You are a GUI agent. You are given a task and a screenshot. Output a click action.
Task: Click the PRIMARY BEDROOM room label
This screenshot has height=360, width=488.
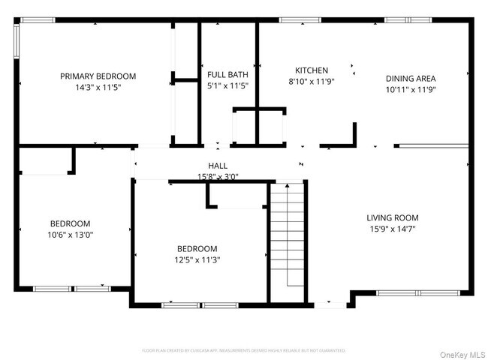click(98, 76)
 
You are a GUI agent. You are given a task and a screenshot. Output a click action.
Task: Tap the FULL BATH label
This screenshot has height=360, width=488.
click(227, 74)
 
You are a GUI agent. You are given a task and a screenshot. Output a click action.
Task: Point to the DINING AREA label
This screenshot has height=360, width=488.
click(411, 78)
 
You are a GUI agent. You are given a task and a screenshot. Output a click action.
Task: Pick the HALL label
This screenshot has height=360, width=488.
click(218, 166)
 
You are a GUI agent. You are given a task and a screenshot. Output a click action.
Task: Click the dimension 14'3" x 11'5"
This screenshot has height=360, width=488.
click(98, 87)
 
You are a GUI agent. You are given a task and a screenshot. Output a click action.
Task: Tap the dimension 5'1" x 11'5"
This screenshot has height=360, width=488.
click(227, 85)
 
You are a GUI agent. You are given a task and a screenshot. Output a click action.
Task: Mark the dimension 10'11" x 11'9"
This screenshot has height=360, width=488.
click(411, 89)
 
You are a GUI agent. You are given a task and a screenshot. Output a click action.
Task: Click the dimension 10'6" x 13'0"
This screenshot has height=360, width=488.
click(70, 235)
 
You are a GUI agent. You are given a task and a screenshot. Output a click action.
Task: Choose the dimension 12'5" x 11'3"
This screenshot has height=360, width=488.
click(197, 260)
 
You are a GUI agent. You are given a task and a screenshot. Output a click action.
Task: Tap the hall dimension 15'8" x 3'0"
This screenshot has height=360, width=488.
click(218, 176)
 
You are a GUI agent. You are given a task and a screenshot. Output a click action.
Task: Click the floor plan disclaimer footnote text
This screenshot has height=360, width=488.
click(244, 349)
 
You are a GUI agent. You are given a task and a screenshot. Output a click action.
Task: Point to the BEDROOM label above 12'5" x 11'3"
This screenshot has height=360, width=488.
click(197, 249)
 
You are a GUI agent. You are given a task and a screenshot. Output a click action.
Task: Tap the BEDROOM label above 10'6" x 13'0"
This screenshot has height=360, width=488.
click(70, 223)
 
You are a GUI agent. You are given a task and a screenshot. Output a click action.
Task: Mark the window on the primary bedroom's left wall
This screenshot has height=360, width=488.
click(17, 43)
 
